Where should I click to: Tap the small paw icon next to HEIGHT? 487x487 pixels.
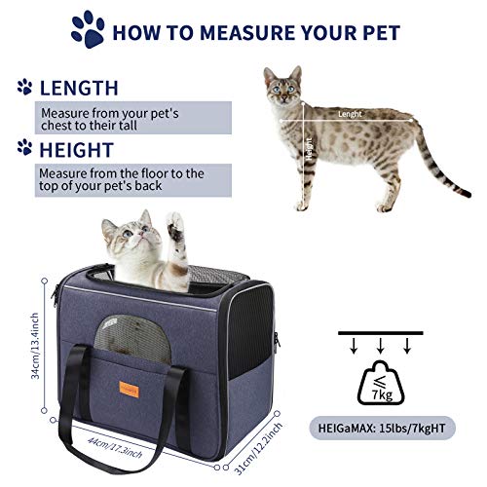tap(23, 148)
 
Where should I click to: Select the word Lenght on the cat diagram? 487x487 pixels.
tap(349, 114)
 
